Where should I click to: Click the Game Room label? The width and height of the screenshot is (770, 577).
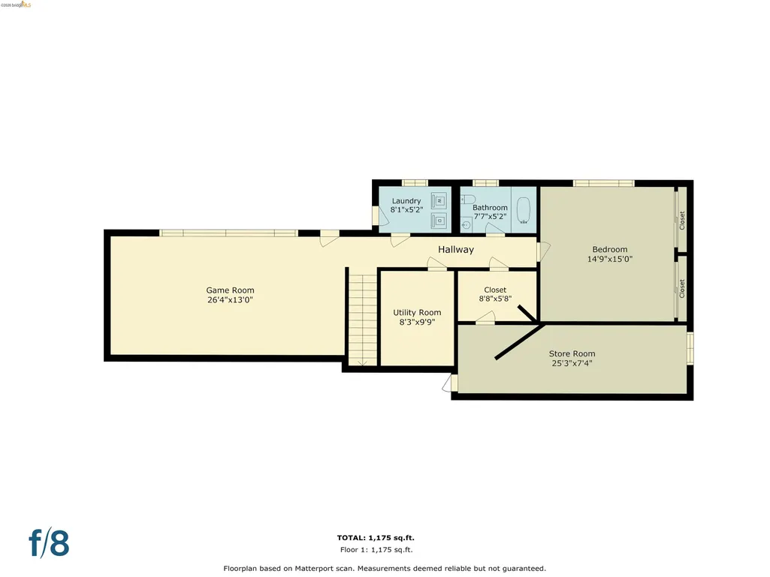click(230, 290)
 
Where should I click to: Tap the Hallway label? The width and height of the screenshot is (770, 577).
click(456, 249)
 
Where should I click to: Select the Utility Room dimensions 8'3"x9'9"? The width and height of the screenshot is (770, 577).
click(417, 323)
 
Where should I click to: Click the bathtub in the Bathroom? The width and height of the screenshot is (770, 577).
click(524, 211)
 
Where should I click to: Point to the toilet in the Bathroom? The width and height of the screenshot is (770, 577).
click(469, 199)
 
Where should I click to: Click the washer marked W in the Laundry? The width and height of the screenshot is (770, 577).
click(439, 200)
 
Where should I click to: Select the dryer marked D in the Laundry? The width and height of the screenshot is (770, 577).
click(439, 221)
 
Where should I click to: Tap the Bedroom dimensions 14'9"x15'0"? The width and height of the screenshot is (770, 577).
click(610, 259)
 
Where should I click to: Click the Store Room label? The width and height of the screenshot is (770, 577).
click(572, 353)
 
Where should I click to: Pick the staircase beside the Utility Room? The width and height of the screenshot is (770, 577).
click(362, 320)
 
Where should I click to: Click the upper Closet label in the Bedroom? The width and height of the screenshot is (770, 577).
click(681, 221)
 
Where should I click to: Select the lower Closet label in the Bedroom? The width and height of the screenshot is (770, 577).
click(681, 288)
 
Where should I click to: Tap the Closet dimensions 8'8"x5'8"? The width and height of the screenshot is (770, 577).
click(496, 299)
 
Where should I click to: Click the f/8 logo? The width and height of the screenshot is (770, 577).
click(49, 542)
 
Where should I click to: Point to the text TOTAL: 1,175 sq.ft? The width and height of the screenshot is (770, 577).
click(376, 538)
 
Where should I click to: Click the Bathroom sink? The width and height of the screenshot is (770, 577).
click(467, 225)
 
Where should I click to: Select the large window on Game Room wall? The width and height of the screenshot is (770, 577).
click(229, 233)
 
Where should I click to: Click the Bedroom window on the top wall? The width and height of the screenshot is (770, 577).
click(603, 184)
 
